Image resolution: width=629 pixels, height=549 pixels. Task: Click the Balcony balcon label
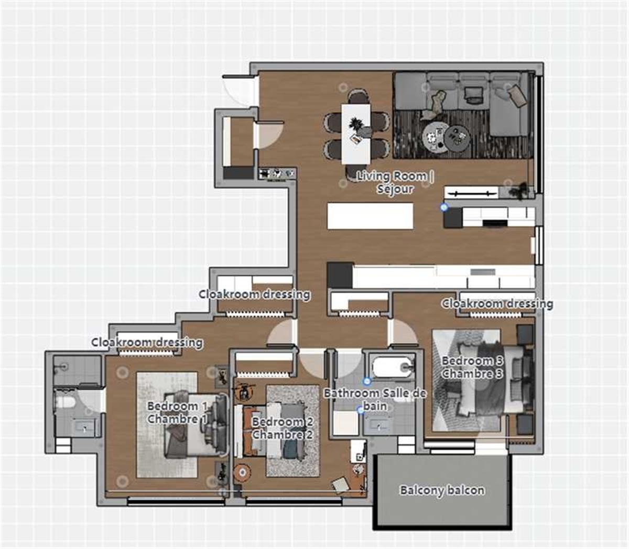[442, 490]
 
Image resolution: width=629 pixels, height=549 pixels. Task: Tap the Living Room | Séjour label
[395, 182]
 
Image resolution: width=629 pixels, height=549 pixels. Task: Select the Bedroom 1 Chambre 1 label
[177, 412]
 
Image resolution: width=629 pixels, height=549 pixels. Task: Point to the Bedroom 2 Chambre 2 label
[283, 428]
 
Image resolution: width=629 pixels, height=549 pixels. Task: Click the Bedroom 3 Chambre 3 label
[472, 367]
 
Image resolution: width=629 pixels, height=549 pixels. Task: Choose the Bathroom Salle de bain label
[375, 399]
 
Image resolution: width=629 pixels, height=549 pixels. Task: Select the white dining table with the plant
[356, 133]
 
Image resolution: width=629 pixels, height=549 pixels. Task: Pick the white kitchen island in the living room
[370, 216]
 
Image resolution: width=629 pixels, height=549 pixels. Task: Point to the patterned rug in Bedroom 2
[292, 431]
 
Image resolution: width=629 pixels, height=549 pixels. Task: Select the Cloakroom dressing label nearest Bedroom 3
[497, 303]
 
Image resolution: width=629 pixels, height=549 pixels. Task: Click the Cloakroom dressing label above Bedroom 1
[147, 343]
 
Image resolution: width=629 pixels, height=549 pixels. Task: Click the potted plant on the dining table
[355, 125]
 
